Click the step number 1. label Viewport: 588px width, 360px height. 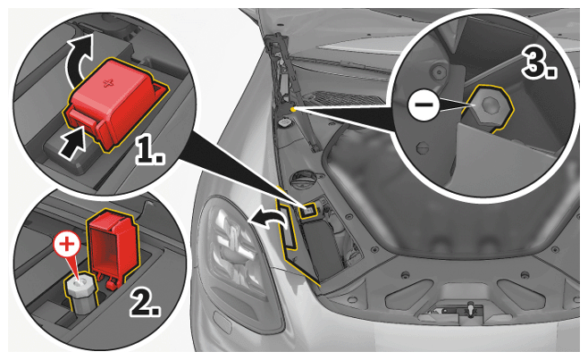[150, 152]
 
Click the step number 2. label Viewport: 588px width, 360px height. [145, 302]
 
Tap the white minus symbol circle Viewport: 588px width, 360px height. [424, 105]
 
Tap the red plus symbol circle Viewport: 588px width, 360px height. [67, 245]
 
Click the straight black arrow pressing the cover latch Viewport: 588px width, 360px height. [73, 144]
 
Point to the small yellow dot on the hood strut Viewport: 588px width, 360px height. [292, 109]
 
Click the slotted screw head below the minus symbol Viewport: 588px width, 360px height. [423, 148]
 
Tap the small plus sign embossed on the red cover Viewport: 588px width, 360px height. [109, 82]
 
